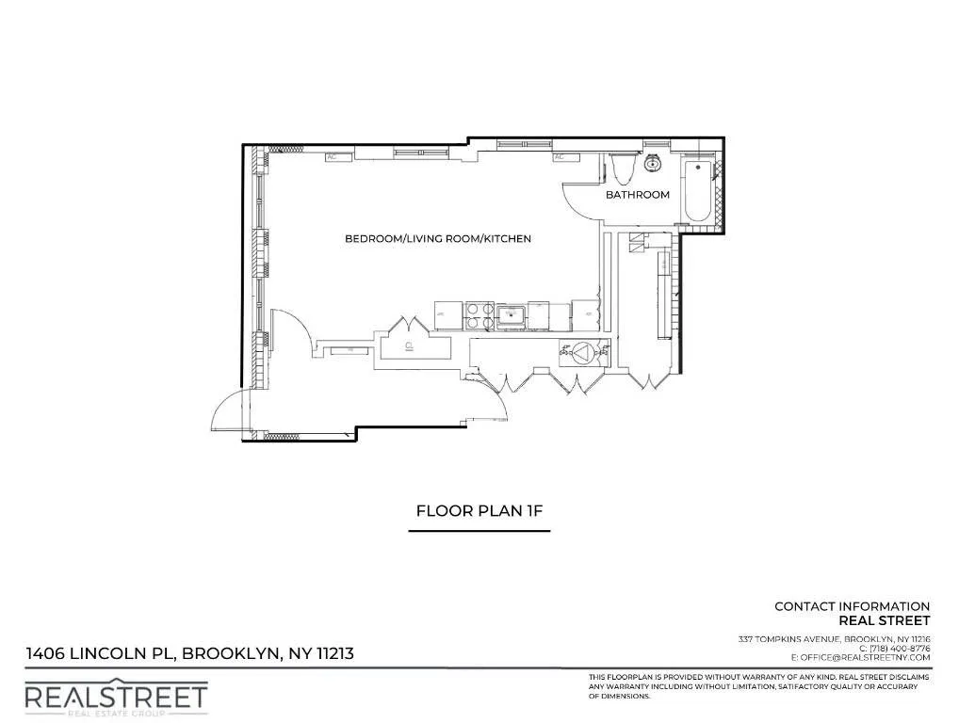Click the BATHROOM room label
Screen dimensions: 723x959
[x=638, y=195]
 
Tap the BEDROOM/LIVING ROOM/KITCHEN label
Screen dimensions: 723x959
[x=438, y=239]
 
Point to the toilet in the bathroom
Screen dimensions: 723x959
[x=620, y=169]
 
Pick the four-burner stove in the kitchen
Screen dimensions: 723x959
[x=479, y=314]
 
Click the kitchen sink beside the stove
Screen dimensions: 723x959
[x=512, y=315]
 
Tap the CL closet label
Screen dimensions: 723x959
[x=410, y=345]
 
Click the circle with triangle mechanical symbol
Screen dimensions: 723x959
[x=585, y=352]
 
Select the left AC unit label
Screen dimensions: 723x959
[x=332, y=157]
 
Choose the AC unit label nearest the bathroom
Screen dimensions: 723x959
[x=560, y=157]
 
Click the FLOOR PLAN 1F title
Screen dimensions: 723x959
[x=479, y=511]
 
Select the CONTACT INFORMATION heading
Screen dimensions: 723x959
[x=852, y=606]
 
